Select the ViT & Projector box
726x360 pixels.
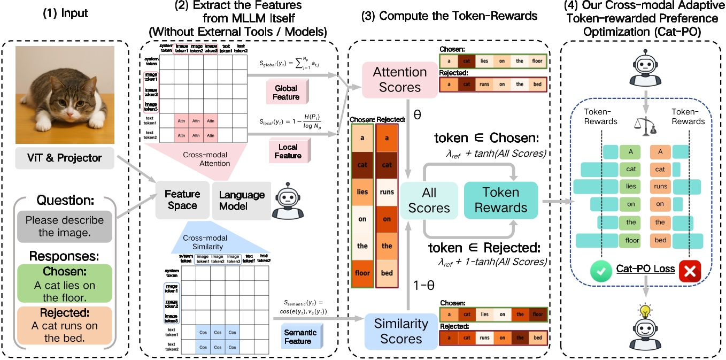[64, 158]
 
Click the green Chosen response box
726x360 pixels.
[65, 277]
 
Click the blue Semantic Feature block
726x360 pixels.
[300, 336]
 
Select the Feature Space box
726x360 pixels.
[182, 200]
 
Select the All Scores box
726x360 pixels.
[429, 201]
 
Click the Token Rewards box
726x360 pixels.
[500, 200]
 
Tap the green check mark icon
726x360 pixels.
[600, 271]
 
